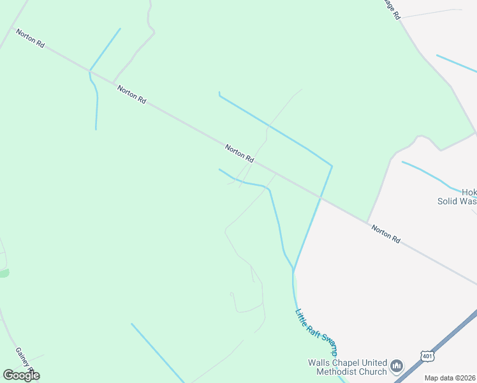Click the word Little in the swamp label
click(301, 317)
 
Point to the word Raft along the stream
click(312, 328)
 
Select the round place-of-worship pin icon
click(397, 366)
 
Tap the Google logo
click(21, 375)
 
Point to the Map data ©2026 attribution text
click(450, 378)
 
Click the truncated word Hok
click(469, 191)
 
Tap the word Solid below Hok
click(450, 200)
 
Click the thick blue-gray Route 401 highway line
click(446, 338)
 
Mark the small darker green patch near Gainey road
click(4, 273)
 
